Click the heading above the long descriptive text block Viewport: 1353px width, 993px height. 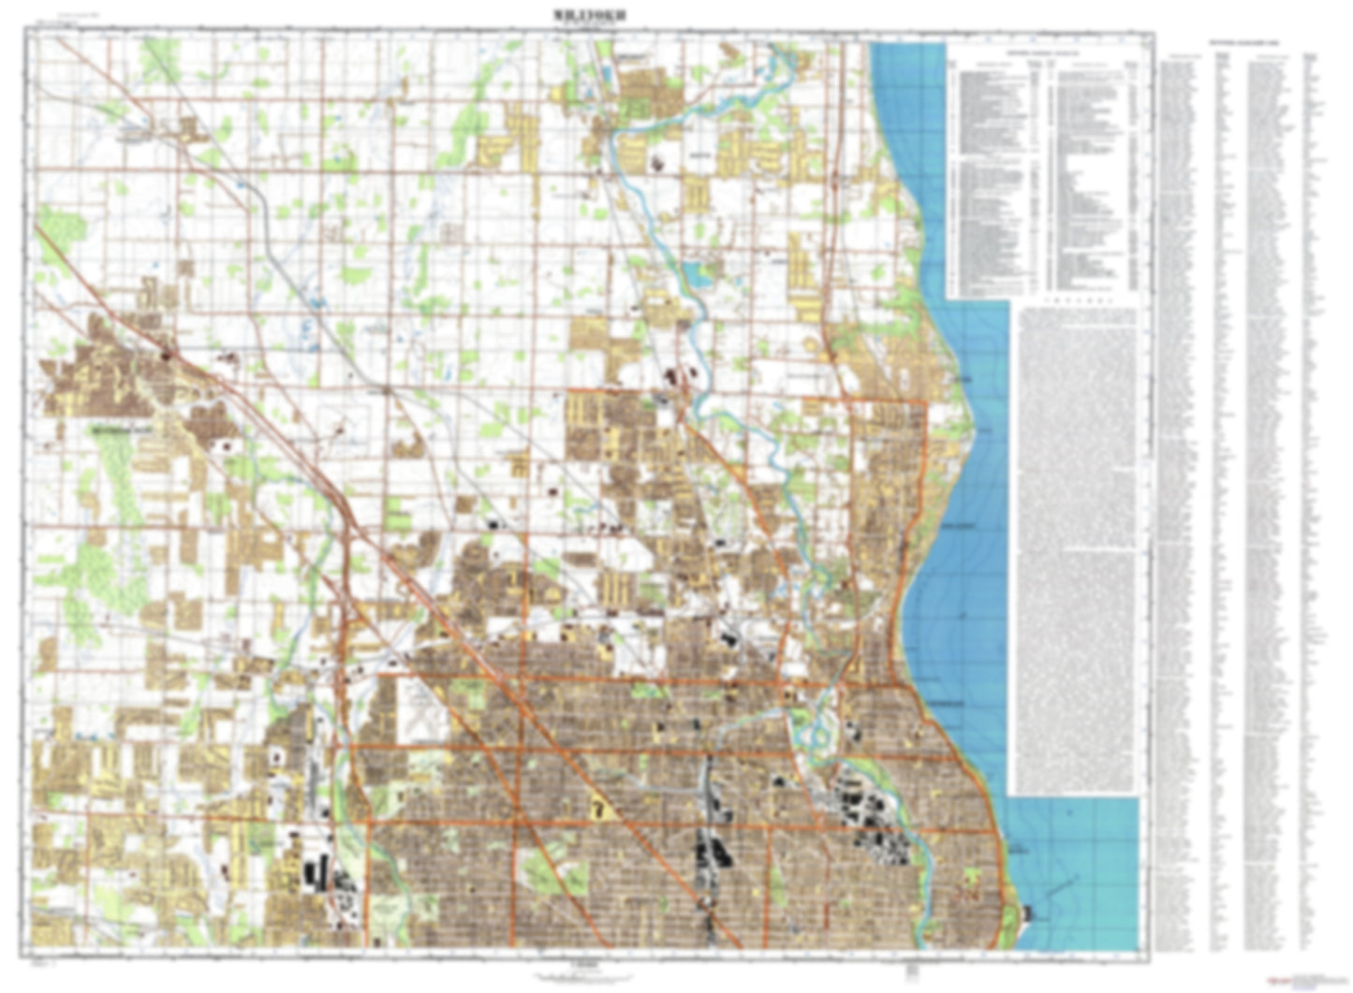click(1078, 302)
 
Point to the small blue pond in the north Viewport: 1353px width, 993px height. click(698, 273)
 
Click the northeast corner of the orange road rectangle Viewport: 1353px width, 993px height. click(924, 403)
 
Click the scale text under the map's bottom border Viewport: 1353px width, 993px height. click(586, 964)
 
